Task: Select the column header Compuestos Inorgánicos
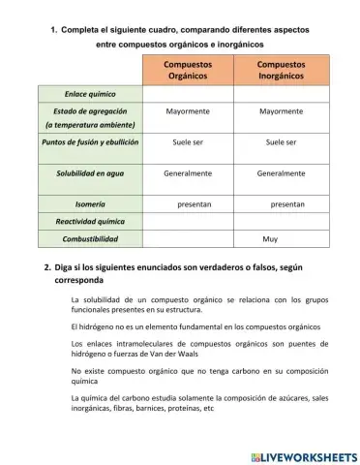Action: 281,70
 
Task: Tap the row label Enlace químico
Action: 90,94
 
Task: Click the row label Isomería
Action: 90,204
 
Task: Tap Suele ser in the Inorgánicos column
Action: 281,142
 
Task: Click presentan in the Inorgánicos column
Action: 287,204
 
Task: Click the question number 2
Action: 47,266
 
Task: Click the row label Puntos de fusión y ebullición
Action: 90,142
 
